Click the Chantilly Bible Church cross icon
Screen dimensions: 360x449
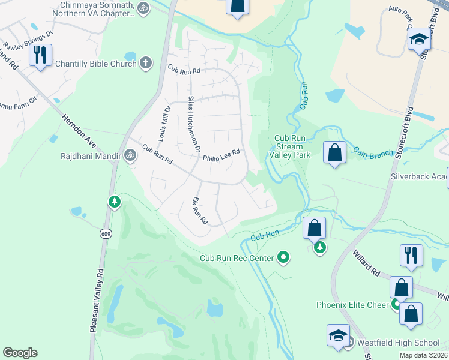coord(145,63)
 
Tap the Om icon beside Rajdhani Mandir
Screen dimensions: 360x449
coord(128,155)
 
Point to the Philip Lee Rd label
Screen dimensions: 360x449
coord(221,156)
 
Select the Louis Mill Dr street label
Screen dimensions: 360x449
coord(163,124)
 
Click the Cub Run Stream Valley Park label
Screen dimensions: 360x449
coord(292,146)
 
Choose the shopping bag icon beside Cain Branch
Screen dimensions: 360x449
coord(335,152)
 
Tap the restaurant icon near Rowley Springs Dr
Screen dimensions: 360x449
coord(40,55)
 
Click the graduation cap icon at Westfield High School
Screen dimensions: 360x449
coord(339,335)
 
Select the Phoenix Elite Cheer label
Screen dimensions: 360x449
coord(352,305)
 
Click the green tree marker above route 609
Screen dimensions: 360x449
coord(114,202)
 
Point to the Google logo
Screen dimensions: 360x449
coord(20,353)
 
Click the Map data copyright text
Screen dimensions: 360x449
coord(423,355)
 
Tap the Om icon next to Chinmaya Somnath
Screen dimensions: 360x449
coord(142,8)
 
